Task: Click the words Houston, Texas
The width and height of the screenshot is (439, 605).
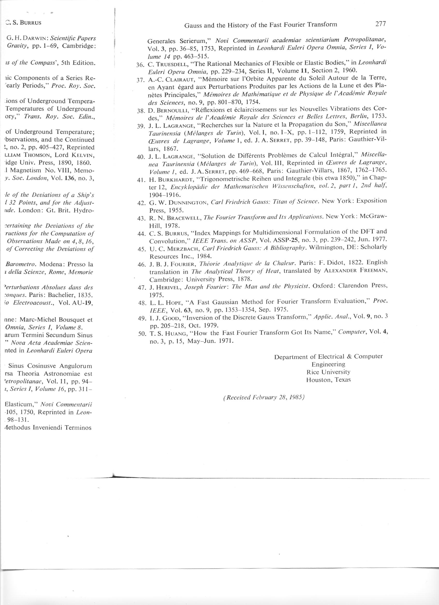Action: pyautogui.click(x=328, y=380)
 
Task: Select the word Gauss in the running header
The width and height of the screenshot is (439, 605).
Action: pyautogui.click(x=192, y=25)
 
